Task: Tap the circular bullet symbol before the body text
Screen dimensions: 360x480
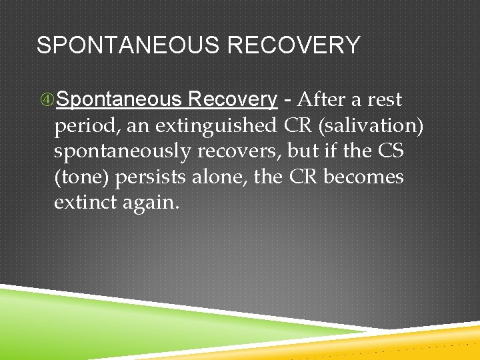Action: click(47, 100)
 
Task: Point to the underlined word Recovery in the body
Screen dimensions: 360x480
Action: click(233, 100)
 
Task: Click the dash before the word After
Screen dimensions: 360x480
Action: click(287, 100)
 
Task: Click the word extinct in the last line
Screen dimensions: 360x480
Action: click(85, 203)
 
